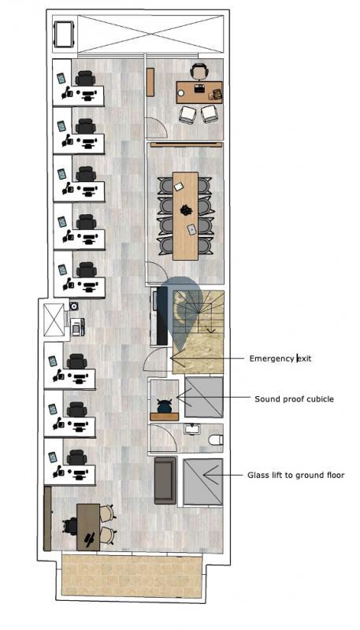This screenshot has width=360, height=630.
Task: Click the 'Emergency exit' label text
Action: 280,358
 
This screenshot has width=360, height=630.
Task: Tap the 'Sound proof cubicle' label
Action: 294,399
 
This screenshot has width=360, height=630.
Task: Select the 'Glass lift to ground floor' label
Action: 295,476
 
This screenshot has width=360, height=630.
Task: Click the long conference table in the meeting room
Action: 185,216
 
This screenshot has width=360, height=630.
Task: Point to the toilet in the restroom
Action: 216,440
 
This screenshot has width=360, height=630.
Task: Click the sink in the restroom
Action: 193,429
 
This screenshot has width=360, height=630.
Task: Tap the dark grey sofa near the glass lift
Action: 165,480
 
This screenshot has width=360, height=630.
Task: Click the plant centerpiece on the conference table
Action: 186,209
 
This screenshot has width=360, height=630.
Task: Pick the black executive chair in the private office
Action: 199,72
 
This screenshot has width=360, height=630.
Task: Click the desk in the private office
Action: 199,92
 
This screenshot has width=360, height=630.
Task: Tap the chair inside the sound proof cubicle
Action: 165,406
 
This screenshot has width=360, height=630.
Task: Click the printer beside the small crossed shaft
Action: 77,327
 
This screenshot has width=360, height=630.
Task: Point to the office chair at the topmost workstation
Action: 85,78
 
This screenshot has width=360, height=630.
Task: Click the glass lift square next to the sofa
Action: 203,482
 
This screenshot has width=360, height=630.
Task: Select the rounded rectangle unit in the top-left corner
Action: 64,34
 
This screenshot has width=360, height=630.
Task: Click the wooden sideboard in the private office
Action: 150,82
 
